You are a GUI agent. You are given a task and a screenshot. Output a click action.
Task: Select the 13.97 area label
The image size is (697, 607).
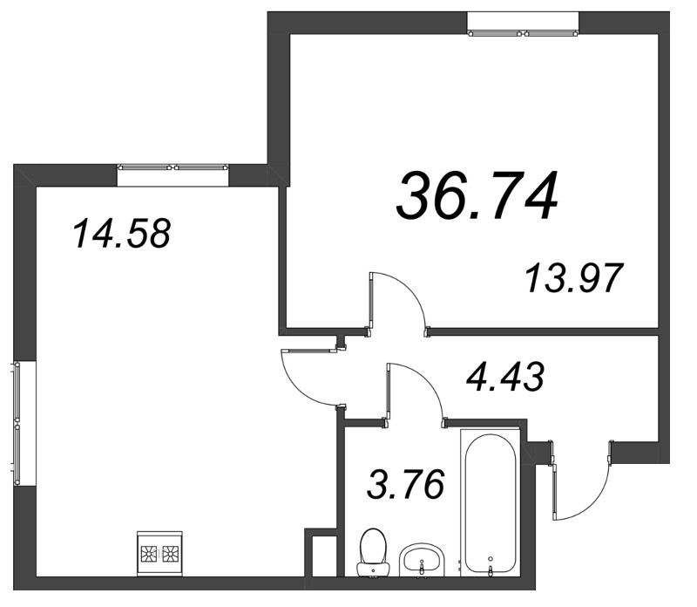[x=573, y=279]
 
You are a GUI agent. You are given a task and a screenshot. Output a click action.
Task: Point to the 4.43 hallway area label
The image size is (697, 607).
[x=505, y=379]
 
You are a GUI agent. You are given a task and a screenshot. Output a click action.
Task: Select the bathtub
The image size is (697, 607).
[x=492, y=506]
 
